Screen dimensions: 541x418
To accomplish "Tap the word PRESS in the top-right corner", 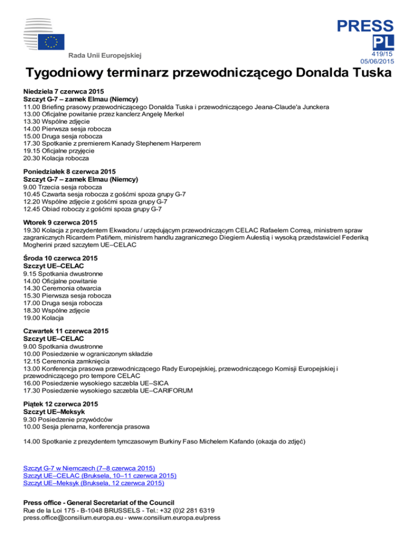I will coord(365,26).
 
